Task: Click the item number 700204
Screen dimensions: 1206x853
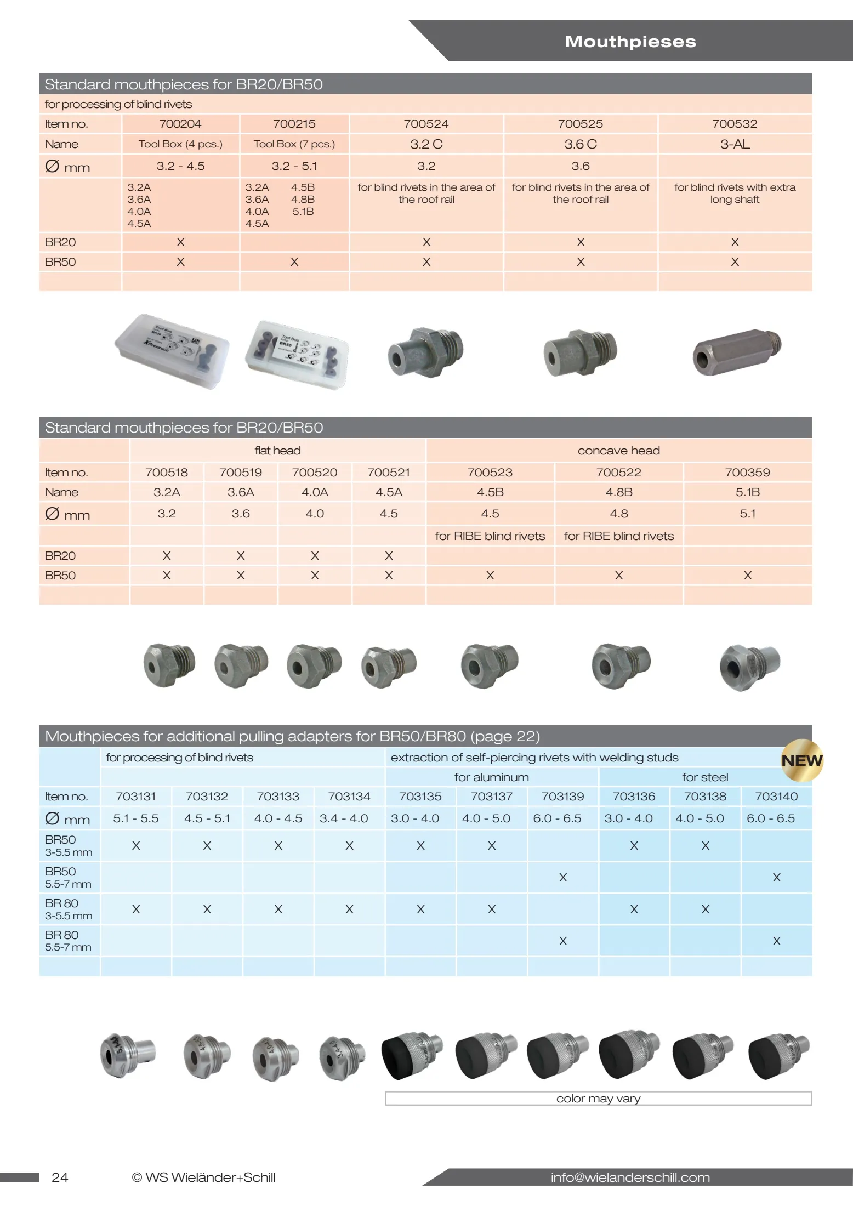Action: pyautogui.click(x=180, y=124)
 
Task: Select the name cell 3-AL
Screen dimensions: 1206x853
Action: pyautogui.click(x=735, y=144)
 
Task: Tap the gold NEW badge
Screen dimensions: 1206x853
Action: pyautogui.click(x=801, y=760)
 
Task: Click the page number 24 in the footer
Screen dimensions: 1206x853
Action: pyautogui.click(x=60, y=1177)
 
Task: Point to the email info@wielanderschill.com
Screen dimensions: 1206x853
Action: pyautogui.click(x=630, y=1177)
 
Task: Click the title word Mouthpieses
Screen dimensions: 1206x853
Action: pyautogui.click(x=630, y=42)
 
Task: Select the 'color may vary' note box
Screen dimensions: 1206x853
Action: pyautogui.click(x=598, y=1098)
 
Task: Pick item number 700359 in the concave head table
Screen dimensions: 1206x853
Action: pyautogui.click(x=747, y=472)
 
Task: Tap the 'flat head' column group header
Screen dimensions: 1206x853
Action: pyautogui.click(x=277, y=451)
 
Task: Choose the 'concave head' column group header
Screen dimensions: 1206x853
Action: pyautogui.click(x=618, y=451)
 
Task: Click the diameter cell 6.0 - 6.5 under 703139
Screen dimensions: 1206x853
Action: pyautogui.click(x=557, y=818)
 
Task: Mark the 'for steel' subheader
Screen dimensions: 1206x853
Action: pyautogui.click(x=705, y=777)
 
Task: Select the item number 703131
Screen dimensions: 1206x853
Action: pyautogui.click(x=135, y=796)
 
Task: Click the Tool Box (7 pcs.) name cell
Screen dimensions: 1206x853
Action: pyautogui.click(x=294, y=144)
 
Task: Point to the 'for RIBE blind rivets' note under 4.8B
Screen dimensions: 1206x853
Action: pyautogui.click(x=618, y=536)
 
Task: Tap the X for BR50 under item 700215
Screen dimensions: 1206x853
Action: pyautogui.click(x=294, y=262)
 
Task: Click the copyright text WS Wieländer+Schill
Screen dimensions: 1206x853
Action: pyautogui.click(x=204, y=1177)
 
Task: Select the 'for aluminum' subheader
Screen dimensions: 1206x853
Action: pyautogui.click(x=491, y=777)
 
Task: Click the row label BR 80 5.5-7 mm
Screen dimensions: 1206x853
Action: pyautogui.click(x=68, y=941)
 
